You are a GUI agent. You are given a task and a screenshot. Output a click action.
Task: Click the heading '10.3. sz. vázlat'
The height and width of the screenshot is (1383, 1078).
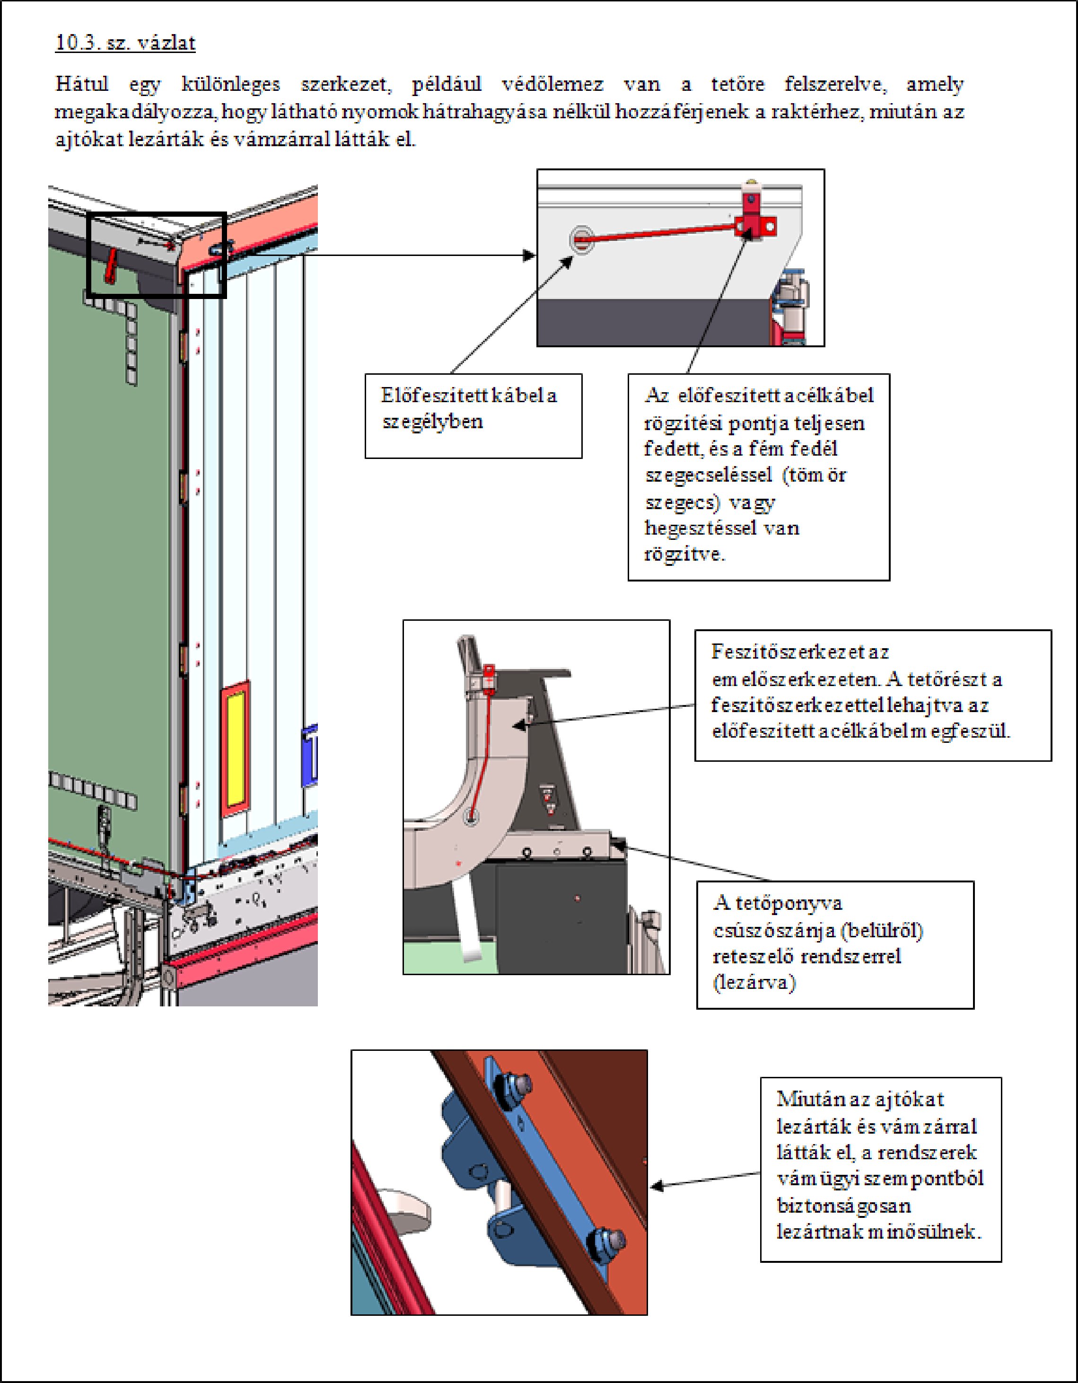(x=125, y=43)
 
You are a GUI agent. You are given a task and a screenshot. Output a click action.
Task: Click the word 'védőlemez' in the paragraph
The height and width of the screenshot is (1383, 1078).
(x=552, y=84)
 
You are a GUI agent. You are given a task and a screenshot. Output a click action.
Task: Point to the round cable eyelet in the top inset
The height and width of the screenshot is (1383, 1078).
(x=581, y=239)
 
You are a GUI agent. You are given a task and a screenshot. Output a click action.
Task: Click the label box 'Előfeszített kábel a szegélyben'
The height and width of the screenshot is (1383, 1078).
(x=473, y=415)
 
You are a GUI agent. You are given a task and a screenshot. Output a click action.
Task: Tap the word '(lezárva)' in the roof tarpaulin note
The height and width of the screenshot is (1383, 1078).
(x=754, y=983)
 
